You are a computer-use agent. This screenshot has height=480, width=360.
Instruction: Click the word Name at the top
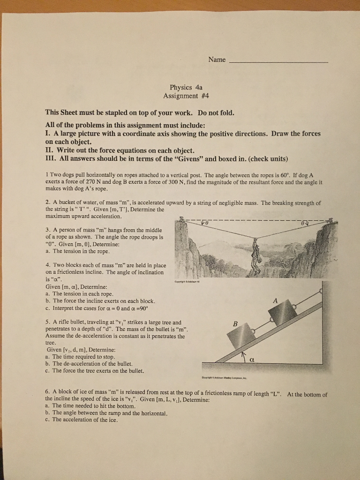pos(217,60)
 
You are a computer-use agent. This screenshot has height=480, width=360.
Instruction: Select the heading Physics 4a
pos(186,87)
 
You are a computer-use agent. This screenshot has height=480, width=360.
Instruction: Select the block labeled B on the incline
pos(241,336)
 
